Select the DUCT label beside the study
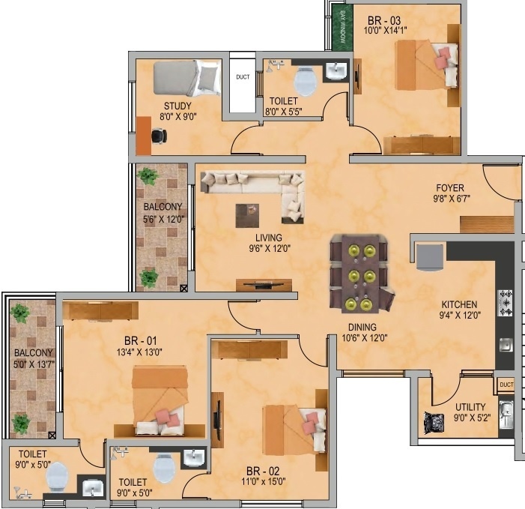pos(243,76)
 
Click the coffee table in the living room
pos(246,215)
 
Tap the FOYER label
pos(452,188)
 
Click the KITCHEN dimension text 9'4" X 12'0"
pos(458,316)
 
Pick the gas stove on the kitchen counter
pos(506,302)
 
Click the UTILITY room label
pos(470,407)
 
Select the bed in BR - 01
pos(160,400)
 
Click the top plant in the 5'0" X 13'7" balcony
pos(20,313)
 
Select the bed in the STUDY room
pos(186,77)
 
